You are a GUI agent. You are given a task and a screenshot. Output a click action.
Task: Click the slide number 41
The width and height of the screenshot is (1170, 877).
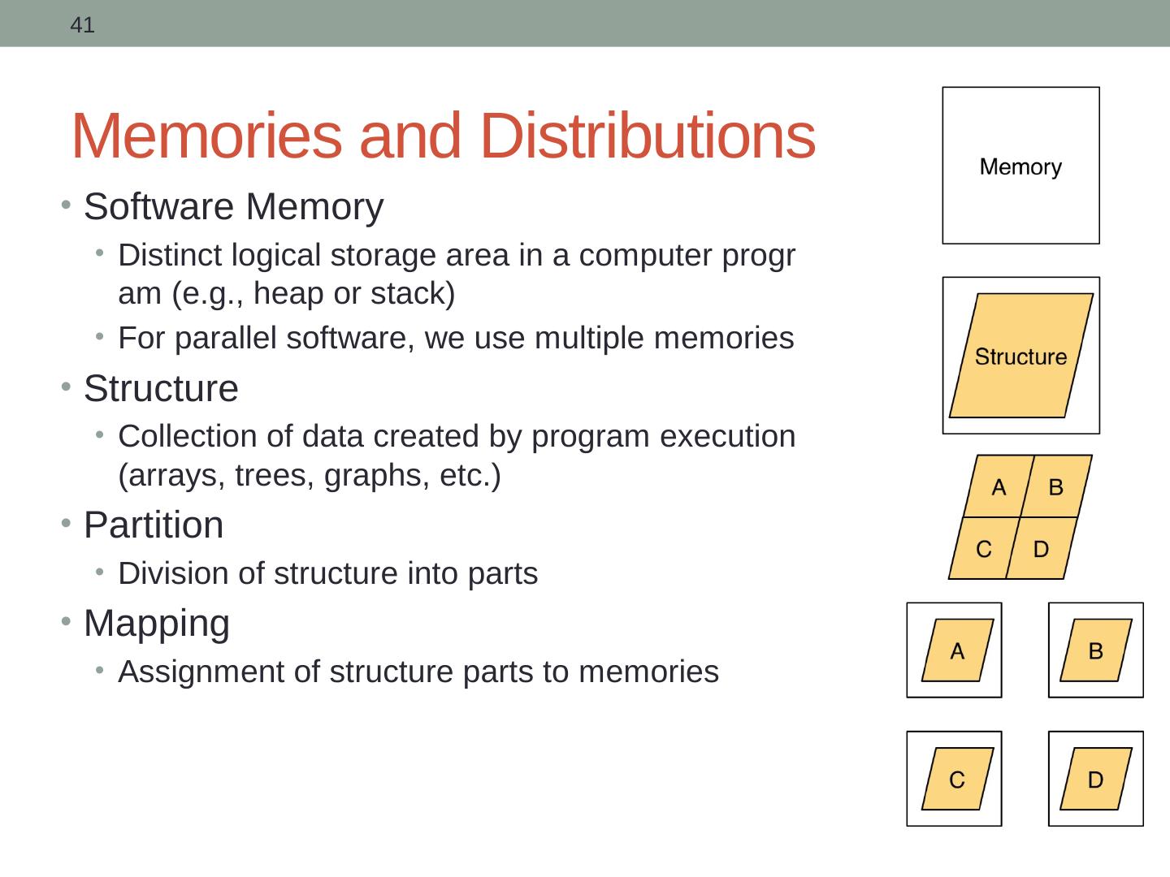click(x=82, y=25)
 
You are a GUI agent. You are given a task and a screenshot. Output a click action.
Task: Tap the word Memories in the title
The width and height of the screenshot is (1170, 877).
click(x=206, y=136)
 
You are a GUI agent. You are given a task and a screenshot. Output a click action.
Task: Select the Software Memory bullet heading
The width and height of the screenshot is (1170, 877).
click(x=233, y=207)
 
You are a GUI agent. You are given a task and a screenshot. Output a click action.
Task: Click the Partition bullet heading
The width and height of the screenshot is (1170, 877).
click(x=154, y=525)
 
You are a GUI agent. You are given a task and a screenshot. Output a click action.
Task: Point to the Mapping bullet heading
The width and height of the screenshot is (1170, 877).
click(x=157, y=624)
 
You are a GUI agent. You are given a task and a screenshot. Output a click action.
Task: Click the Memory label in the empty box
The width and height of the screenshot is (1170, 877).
click(x=1020, y=167)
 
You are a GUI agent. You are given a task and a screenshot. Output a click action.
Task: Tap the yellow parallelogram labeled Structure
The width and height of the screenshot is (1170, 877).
click(x=1020, y=356)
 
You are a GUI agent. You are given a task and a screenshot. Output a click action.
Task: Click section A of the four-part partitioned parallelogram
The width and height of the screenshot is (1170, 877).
click(x=999, y=487)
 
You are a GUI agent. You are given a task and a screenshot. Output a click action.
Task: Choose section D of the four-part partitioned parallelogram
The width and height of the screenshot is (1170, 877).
click(x=1040, y=550)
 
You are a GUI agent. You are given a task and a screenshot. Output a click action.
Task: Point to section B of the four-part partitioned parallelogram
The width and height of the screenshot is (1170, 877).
click(x=1055, y=487)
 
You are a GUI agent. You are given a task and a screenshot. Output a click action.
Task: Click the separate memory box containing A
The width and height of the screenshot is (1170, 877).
click(x=954, y=650)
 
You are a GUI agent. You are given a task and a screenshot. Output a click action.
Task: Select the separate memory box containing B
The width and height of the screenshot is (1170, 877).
click(x=1095, y=650)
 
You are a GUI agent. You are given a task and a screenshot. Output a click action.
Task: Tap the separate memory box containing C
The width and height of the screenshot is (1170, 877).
click(x=954, y=779)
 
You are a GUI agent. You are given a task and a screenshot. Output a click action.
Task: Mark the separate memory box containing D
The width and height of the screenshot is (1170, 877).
click(x=1095, y=779)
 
